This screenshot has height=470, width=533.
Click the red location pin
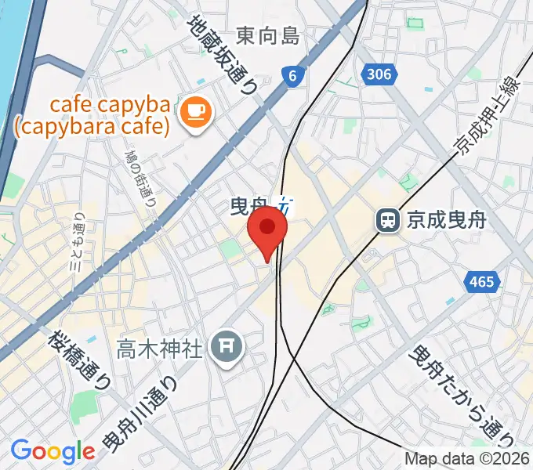pos(267,229)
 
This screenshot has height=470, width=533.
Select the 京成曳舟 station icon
pos(387,220)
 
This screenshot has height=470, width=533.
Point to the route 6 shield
pos(292,76)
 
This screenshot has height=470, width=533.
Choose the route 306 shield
pos(377,74)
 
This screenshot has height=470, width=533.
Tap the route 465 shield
pos(483,282)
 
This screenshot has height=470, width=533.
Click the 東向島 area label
pos(268,35)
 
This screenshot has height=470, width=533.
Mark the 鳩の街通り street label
pos(141,176)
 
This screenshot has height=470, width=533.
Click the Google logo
pos(53,450)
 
